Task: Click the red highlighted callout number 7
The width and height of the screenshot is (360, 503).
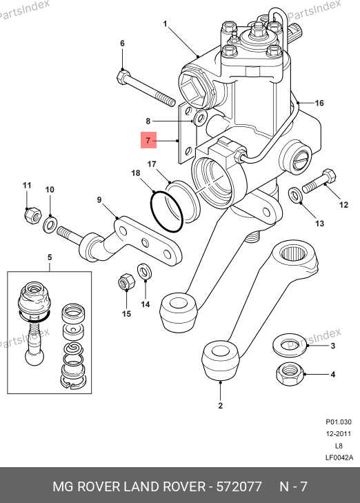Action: point(148,140)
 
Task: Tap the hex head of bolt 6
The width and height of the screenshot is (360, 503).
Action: point(123,77)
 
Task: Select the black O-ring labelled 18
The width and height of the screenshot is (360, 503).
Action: point(167,211)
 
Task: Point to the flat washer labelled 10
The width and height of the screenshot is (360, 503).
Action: point(50,224)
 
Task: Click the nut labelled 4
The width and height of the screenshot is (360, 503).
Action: point(290,374)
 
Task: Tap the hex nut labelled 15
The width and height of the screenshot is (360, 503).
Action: point(127,282)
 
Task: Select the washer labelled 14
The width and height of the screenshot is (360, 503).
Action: point(145,272)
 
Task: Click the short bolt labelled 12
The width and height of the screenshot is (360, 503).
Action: point(319,181)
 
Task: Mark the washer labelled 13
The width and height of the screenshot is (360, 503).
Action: point(295,195)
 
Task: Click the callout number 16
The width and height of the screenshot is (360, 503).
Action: point(319,103)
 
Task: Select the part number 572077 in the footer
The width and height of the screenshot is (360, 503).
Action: point(239,486)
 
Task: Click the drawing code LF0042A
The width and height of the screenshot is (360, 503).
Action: point(339,457)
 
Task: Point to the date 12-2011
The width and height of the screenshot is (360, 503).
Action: point(339,434)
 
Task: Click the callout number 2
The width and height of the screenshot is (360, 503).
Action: point(220,406)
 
